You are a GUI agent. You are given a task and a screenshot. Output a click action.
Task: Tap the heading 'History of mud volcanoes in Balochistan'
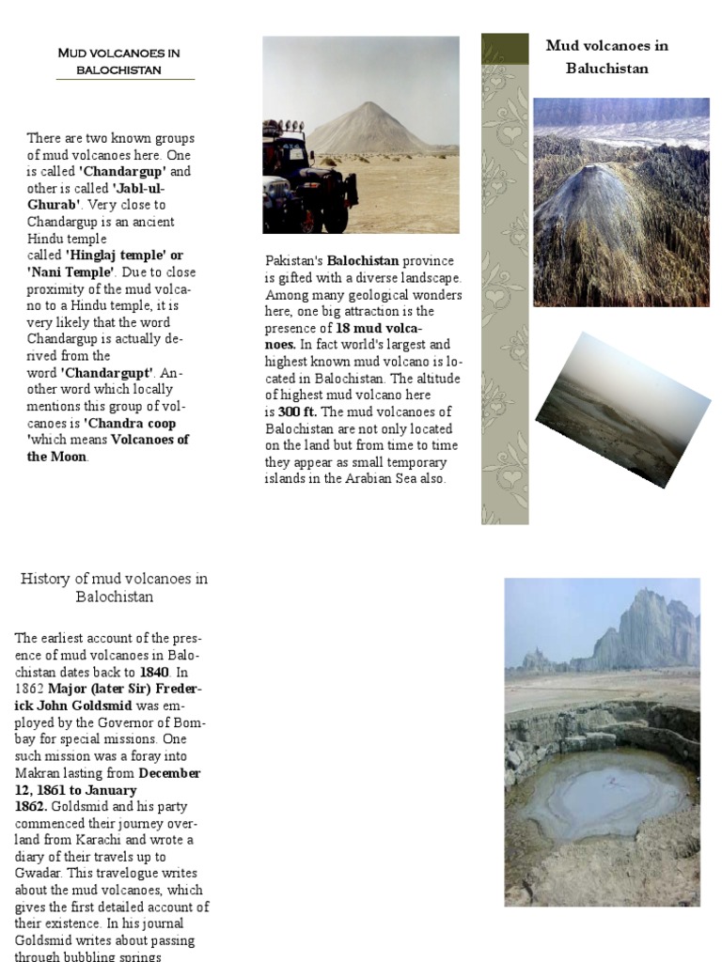click(114, 587)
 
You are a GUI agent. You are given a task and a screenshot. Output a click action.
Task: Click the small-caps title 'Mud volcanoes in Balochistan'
click(125, 61)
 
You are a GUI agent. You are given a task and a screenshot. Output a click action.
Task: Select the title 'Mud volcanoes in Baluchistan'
click(606, 56)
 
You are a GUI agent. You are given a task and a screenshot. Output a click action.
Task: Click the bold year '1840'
click(154, 673)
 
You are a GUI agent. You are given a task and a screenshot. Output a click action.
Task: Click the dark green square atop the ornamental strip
click(505, 49)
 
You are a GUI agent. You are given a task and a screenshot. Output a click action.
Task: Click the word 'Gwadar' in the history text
click(39, 874)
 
